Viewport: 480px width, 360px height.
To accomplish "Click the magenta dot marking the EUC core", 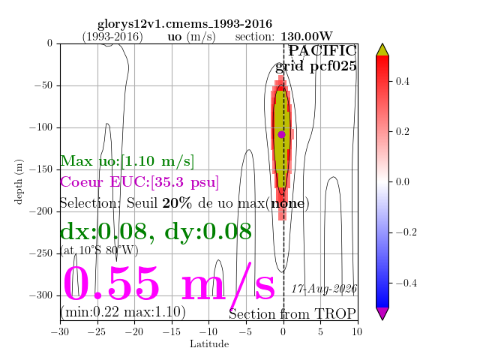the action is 282,134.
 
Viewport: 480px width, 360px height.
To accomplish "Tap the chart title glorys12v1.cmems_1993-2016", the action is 184,24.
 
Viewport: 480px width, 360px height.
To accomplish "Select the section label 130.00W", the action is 307,37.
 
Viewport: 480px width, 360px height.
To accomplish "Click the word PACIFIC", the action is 322,50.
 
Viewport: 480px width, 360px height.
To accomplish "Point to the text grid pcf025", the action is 316,66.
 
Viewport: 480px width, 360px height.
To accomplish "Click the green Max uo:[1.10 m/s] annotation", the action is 127,161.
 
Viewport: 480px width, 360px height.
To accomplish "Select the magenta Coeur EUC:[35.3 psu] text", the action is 139,182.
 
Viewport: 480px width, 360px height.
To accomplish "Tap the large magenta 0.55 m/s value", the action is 169,284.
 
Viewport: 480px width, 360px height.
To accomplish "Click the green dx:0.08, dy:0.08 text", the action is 156,232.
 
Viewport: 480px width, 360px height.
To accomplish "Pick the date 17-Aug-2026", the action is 324,289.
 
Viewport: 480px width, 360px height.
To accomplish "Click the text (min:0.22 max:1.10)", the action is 123,312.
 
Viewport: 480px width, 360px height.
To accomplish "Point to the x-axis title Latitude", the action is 209,344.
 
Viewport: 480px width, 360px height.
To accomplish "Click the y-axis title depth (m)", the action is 19,181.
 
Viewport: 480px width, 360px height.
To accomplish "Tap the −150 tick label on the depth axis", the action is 41,169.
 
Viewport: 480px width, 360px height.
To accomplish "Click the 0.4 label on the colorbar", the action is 402,82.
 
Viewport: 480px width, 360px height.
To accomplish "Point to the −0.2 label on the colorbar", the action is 406,232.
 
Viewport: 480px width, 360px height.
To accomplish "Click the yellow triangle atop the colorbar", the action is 382,50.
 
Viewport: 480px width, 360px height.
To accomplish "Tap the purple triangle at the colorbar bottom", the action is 382,313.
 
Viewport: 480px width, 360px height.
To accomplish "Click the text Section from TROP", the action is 292,314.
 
